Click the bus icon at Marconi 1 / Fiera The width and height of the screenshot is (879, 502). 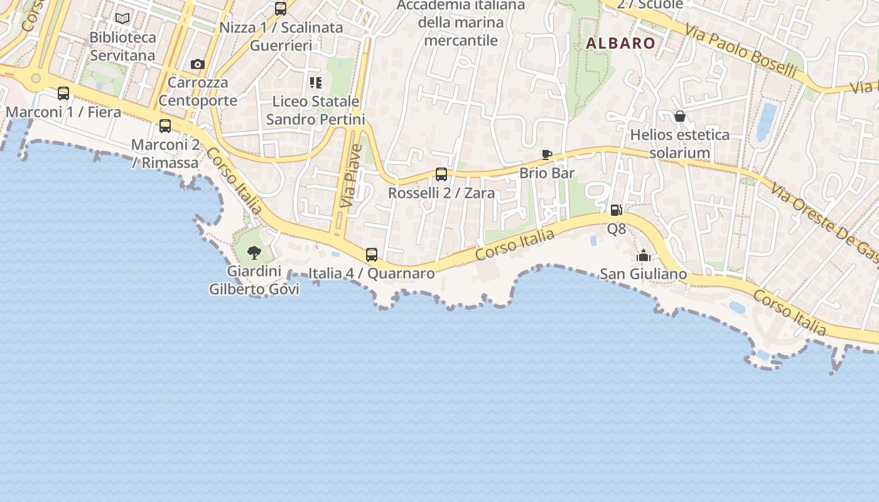[63, 93]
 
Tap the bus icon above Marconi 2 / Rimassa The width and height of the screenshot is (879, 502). [165, 126]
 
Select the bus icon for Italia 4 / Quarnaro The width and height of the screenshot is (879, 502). [372, 254]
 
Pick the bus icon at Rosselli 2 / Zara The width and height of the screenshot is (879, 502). [441, 174]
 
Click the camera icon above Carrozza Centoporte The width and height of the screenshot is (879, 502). [198, 64]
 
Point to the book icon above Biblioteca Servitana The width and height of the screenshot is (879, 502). [122, 19]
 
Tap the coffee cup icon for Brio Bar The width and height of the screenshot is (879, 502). [547, 154]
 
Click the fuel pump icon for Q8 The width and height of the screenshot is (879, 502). [616, 210]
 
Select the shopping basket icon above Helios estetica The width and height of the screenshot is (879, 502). [679, 116]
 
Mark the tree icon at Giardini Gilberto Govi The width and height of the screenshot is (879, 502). [254, 253]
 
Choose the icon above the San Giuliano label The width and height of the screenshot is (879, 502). [643, 255]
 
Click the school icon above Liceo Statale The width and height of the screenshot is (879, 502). [316, 82]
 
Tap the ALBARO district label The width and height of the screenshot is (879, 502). [621, 43]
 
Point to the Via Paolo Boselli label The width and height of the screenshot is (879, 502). [741, 51]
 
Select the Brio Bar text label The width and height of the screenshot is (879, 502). [547, 173]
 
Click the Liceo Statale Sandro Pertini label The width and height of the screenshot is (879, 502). [316, 110]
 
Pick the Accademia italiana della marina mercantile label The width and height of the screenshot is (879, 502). [461, 23]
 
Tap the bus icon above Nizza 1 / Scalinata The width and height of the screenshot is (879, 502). [281, 9]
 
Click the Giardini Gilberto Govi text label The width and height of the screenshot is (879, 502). [254, 280]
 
